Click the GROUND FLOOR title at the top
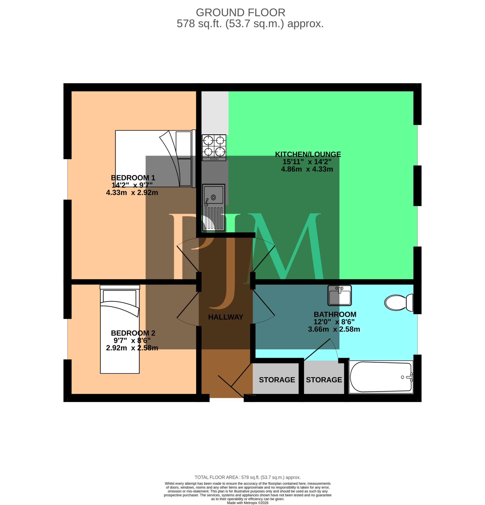tap(241, 12)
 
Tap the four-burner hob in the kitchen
tap(214, 148)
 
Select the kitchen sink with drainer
tap(214, 207)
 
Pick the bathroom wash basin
tap(339, 295)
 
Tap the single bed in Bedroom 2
tap(120, 329)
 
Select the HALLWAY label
tap(226, 317)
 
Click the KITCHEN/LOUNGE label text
tap(308, 154)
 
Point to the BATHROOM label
tap(335, 314)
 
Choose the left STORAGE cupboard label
tap(277, 380)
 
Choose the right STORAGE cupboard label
tap(324, 380)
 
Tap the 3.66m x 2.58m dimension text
tap(334, 329)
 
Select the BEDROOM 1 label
tap(133, 178)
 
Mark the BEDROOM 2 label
tap(133, 333)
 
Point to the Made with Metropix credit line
tap(248, 503)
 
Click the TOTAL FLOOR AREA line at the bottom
tap(248, 477)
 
